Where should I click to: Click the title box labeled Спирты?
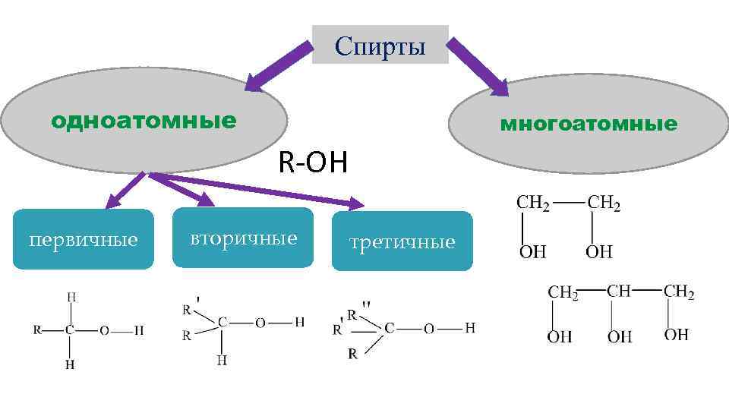tap(380, 45)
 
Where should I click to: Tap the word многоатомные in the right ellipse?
tap(588, 124)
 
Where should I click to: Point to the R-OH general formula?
tap(312, 162)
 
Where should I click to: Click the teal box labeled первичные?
tap(84, 240)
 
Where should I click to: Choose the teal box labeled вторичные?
tap(243, 238)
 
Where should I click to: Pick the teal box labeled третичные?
tap(402, 242)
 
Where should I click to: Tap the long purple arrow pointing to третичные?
tap(258, 190)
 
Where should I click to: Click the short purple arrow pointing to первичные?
tap(125, 191)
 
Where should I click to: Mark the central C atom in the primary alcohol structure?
tap(70, 331)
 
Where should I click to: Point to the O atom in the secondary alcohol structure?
tap(260, 323)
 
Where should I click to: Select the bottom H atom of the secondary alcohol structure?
tap(221, 360)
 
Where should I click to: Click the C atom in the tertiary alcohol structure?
tap(389, 329)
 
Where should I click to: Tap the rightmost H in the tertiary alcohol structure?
tap(470, 328)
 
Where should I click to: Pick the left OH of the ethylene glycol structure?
tap(532, 251)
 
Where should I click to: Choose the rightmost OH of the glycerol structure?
tap(676, 335)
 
